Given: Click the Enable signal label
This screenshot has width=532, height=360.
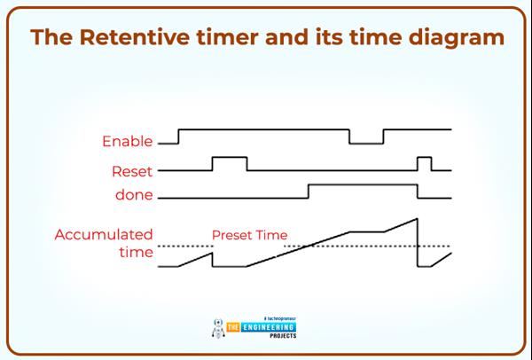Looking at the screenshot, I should [128, 142].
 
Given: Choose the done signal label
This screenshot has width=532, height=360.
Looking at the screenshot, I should [133, 195].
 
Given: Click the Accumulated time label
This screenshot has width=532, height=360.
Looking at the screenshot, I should [104, 244].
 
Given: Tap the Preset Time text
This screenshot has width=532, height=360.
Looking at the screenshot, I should [249, 236].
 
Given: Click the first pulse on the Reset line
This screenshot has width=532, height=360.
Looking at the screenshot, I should [229, 158].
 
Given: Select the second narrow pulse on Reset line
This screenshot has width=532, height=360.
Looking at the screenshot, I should [425, 158].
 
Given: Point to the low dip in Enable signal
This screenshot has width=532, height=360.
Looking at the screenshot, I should [365, 142].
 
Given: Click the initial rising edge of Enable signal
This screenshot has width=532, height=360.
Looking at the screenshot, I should [179, 136].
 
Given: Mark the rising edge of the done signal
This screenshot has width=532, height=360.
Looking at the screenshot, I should [308, 190].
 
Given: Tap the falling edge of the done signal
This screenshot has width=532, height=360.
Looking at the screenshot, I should [418, 190].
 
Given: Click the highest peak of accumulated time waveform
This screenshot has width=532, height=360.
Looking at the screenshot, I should [416, 218].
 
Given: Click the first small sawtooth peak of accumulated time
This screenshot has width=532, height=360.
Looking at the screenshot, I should [212, 252].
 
